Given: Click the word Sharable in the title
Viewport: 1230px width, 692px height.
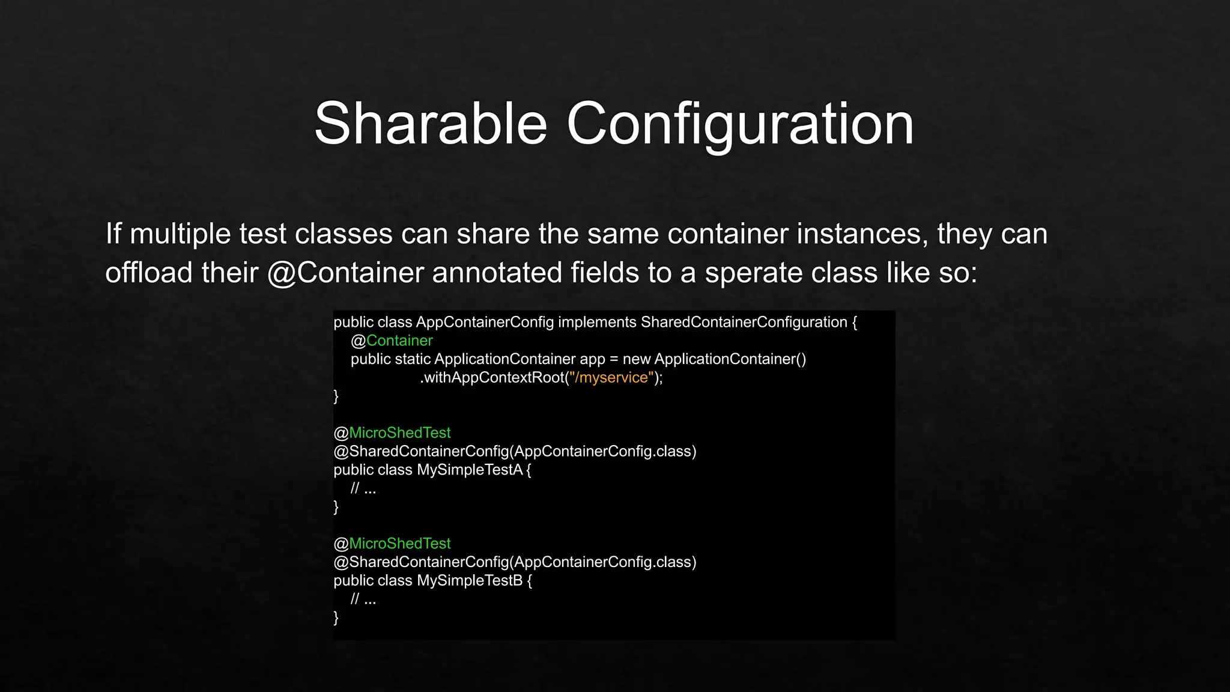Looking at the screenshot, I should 431,124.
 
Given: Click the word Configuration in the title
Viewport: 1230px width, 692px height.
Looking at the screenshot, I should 740,124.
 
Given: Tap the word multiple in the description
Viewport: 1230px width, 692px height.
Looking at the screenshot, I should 180,234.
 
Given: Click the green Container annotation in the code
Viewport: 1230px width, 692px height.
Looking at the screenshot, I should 399,341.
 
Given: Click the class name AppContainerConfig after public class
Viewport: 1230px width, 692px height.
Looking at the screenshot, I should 485,323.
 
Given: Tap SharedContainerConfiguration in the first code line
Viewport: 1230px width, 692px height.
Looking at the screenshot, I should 744,323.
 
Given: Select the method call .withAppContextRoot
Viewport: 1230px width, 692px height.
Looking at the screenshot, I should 492,378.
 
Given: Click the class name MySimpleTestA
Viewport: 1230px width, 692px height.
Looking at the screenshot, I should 470,470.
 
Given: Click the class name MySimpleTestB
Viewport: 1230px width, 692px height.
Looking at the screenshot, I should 470,581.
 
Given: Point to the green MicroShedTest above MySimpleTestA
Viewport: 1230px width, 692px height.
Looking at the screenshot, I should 399,433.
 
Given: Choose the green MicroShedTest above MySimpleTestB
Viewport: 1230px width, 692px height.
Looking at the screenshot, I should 399,544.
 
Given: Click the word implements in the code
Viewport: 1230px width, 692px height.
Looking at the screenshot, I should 597,323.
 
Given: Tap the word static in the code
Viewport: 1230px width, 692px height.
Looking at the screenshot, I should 413,359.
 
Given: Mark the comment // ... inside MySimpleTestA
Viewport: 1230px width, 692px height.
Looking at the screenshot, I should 363,489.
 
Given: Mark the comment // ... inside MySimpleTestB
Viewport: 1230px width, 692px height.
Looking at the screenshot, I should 363,599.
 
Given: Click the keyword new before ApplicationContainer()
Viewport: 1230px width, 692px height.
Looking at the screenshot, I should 637,359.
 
